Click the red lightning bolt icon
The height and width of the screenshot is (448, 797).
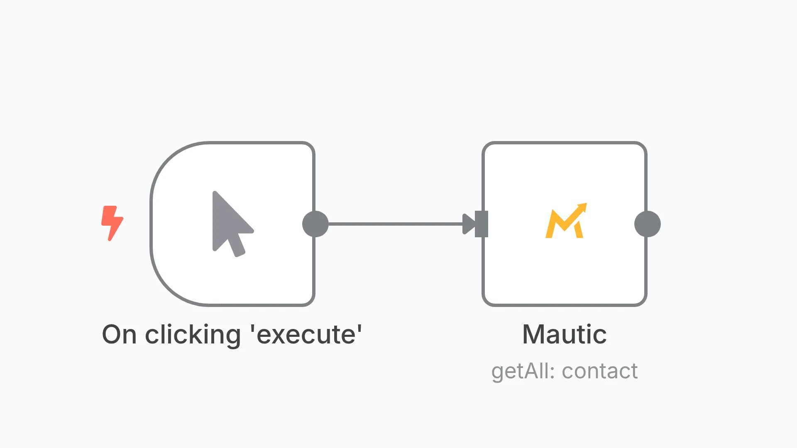tap(112, 223)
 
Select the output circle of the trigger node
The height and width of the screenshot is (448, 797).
tap(315, 224)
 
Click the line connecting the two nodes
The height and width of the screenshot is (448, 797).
tap(395, 224)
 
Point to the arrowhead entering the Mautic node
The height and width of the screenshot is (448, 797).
tap(469, 224)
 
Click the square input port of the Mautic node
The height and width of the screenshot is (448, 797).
tap(482, 224)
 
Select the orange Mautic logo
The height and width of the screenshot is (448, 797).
tap(566, 221)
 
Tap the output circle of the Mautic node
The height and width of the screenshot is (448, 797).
tap(648, 224)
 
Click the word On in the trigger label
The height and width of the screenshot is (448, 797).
tap(119, 334)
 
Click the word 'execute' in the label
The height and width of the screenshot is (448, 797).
tap(306, 334)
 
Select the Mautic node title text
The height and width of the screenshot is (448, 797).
tap(565, 334)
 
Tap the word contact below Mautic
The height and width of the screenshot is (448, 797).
tap(600, 371)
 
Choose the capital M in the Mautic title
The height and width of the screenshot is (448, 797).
tap(533, 334)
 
